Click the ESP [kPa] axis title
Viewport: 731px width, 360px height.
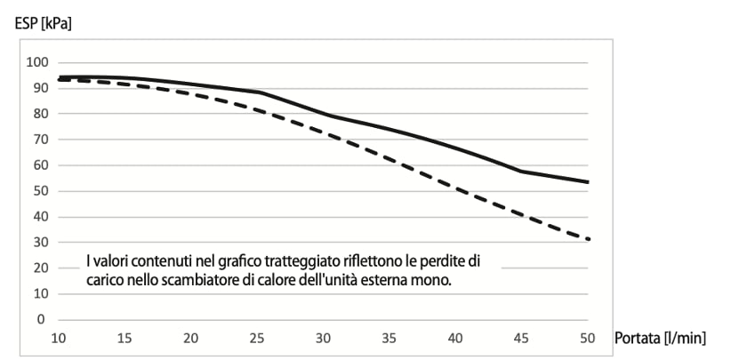pos(43,24)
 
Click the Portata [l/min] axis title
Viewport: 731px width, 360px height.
pos(659,339)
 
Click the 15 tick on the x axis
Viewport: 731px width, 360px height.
pos(125,339)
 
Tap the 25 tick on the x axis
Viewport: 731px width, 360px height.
pos(258,339)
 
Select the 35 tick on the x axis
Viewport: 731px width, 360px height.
pos(390,339)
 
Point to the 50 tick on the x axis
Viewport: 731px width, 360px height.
pos(588,339)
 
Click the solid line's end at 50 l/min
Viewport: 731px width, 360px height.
pos(588,182)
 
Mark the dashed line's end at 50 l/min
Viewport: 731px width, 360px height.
pos(588,239)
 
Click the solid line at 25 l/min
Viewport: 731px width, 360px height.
pos(258,92)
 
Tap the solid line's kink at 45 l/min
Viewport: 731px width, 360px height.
pos(522,171)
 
